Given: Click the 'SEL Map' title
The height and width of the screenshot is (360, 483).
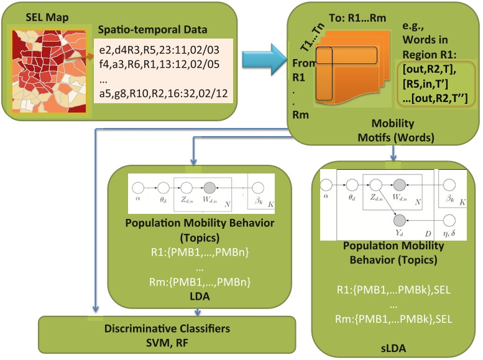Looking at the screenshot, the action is point(47,17).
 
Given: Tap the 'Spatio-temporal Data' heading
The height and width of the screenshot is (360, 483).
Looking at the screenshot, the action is point(152,30).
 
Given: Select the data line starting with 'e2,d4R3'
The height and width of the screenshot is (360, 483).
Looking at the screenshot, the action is point(159,50).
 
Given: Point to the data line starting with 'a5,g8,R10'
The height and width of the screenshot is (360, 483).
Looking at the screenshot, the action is point(163,93).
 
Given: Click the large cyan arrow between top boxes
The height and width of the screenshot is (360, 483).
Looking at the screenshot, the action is point(264,59).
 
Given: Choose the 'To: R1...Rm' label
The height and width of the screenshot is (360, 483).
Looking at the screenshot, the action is point(357,18).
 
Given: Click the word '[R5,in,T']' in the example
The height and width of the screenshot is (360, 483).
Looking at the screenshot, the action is point(425,83).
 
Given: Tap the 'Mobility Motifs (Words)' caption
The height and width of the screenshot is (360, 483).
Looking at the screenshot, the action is point(396,130).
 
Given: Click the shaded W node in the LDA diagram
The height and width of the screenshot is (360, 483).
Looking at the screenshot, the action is point(209,187).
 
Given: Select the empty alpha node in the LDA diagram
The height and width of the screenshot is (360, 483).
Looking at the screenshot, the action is point(138,187).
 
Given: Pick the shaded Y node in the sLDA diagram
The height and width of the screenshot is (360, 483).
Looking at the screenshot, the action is point(400,220).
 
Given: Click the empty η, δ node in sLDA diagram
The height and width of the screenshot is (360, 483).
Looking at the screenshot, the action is point(449,220).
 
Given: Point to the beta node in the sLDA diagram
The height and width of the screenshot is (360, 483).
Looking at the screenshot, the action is point(449,185).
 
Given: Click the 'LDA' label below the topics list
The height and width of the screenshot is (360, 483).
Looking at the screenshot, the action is point(200,296).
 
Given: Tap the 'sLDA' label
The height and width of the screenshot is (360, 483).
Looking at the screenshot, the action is point(393,348).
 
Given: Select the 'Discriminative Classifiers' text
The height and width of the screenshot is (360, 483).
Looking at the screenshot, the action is point(167,328).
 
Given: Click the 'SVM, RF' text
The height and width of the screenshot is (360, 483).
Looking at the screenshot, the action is point(167,343).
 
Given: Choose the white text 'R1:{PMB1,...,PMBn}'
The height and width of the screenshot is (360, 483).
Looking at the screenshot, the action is point(200,252).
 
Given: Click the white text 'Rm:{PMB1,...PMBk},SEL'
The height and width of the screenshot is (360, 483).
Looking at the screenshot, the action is point(393,319).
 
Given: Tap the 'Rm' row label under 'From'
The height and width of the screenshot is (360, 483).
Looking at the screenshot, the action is point(300,114).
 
